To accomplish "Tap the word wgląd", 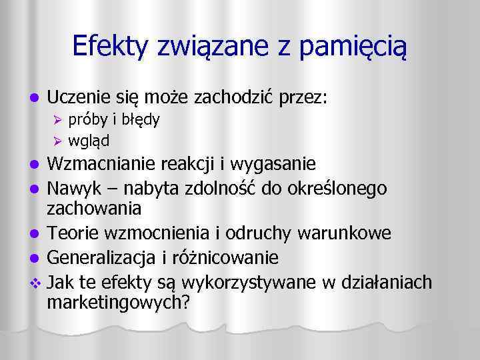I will point(89,141).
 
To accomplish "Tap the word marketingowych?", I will point(119,302).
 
